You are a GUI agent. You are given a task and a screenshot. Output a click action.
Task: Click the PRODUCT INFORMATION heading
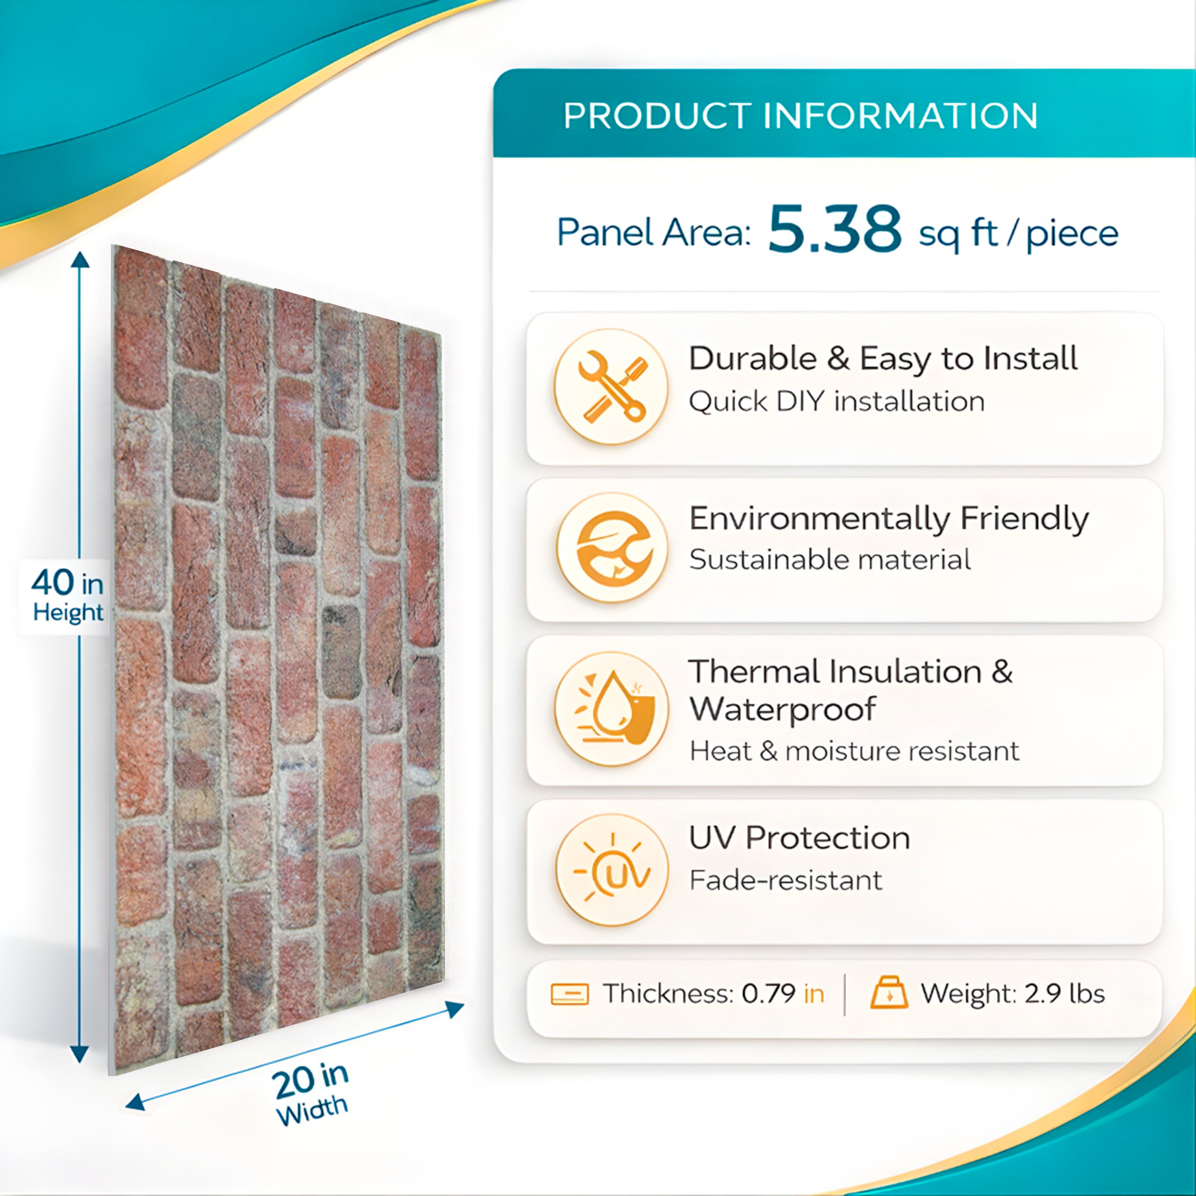pos(800,116)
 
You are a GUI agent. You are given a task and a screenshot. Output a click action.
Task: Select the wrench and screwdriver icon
pos(611,386)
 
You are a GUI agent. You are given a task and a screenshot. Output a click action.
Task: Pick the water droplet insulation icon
pos(611,708)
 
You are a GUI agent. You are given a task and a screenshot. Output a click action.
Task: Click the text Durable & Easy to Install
pos(883,358)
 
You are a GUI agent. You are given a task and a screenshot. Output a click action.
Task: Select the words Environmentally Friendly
pos(888,519)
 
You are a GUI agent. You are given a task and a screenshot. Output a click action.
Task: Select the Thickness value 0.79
pos(768,993)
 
